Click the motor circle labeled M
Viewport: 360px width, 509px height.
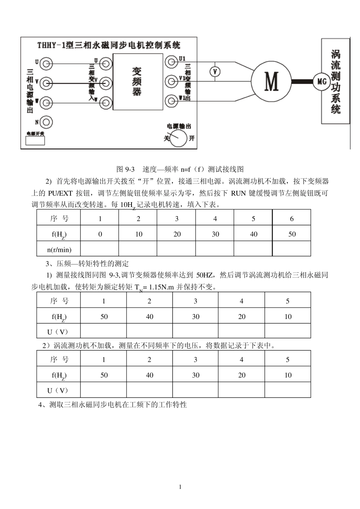tap(271, 81)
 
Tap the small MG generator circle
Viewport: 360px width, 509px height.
tap(321, 82)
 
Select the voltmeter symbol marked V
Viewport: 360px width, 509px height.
tap(215, 71)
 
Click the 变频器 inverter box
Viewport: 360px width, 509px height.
tap(138, 82)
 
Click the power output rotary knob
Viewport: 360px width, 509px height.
tap(178, 138)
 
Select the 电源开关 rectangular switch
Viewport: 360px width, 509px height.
tap(35, 140)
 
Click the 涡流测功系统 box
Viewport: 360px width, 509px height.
tap(335, 81)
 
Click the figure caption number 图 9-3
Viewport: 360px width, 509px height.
tap(125, 169)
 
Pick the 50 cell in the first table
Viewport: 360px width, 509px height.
tap(292, 234)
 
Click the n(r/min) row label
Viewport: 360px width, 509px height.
tap(59, 250)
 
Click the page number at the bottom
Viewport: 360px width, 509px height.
tap(180, 487)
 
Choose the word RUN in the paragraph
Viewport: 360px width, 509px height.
tap(238, 193)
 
